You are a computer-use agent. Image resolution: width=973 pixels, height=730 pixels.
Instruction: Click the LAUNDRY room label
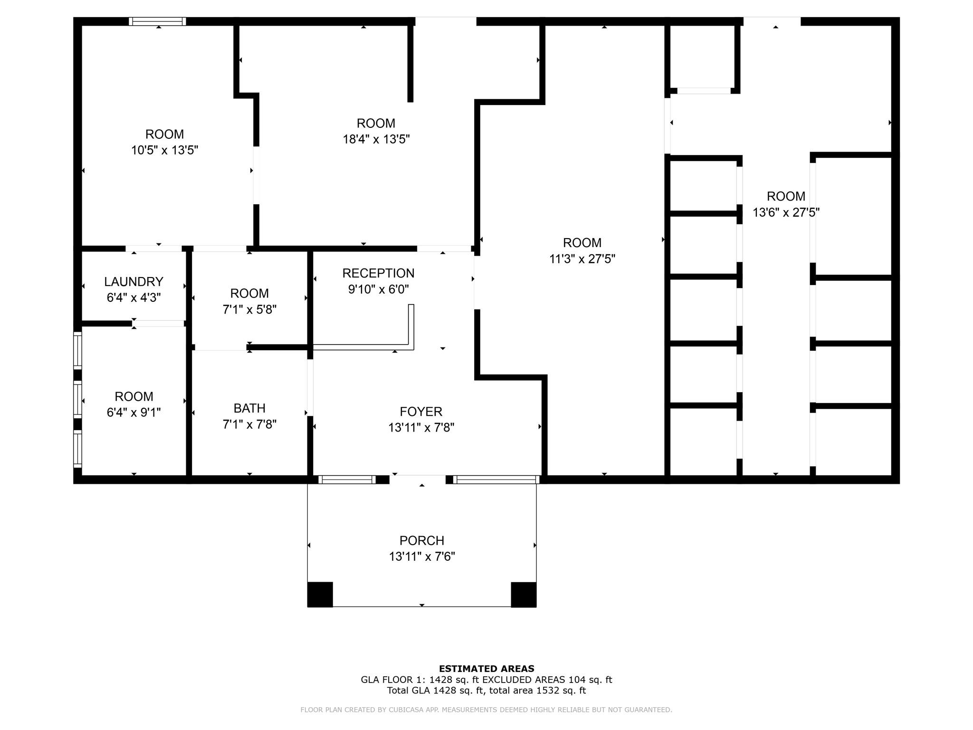click(134, 282)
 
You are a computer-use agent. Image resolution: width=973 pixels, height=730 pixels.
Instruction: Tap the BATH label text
click(249, 408)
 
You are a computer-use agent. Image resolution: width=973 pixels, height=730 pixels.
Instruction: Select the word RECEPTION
click(378, 273)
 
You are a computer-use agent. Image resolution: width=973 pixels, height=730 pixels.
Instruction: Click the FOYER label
click(421, 412)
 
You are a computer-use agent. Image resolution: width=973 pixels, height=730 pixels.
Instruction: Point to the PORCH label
click(422, 541)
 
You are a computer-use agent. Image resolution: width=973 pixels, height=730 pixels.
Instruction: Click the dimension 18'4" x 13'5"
click(376, 139)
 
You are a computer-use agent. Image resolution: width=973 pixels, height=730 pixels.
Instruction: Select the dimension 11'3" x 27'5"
click(582, 259)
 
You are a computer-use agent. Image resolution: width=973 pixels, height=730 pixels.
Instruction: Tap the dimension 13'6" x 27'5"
click(786, 212)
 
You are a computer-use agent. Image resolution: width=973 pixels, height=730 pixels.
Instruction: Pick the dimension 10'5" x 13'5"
click(164, 150)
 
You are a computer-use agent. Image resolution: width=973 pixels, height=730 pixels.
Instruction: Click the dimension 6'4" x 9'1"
click(134, 413)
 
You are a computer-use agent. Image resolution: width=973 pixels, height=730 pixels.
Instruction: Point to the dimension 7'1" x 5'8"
click(249, 309)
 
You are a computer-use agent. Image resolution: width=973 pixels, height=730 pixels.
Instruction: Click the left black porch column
click(320, 595)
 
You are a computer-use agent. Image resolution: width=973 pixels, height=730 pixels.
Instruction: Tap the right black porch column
click(524, 595)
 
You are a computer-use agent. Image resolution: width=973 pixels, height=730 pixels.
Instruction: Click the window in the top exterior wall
click(157, 21)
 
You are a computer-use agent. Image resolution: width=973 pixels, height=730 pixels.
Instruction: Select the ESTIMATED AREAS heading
click(486, 669)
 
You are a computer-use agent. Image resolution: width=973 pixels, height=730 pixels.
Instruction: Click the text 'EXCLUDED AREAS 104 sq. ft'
click(547, 680)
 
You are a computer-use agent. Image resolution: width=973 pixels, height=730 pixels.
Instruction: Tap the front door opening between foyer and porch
click(418, 480)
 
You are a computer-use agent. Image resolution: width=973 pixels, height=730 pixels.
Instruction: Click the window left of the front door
click(347, 480)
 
